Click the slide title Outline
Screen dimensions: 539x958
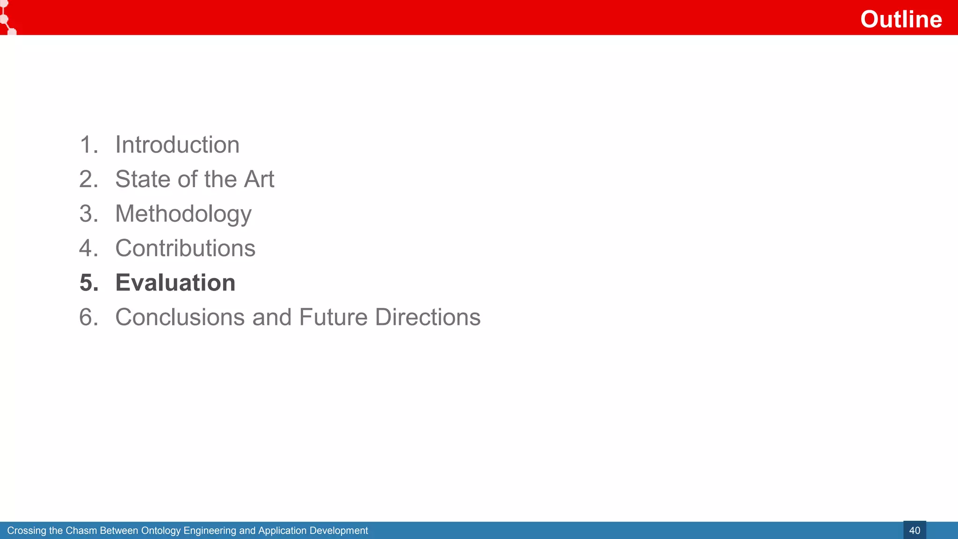[x=901, y=19]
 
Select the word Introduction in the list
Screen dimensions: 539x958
[x=177, y=145]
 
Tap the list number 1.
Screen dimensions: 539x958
[x=87, y=145]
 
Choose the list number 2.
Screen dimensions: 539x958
[x=88, y=179]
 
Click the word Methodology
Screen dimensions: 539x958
[x=183, y=214]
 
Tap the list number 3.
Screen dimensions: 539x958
[x=88, y=214]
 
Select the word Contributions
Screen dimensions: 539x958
[x=185, y=248]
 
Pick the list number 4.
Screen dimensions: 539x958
[x=88, y=248]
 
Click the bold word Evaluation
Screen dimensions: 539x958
[x=175, y=283]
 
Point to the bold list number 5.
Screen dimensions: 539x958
[x=88, y=283]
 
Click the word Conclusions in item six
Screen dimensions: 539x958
[x=180, y=317]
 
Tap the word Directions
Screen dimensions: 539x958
[x=428, y=317]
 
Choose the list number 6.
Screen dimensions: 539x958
[x=88, y=317]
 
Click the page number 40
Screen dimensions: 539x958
[x=914, y=531]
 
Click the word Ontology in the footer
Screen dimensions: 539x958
[x=161, y=531]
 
